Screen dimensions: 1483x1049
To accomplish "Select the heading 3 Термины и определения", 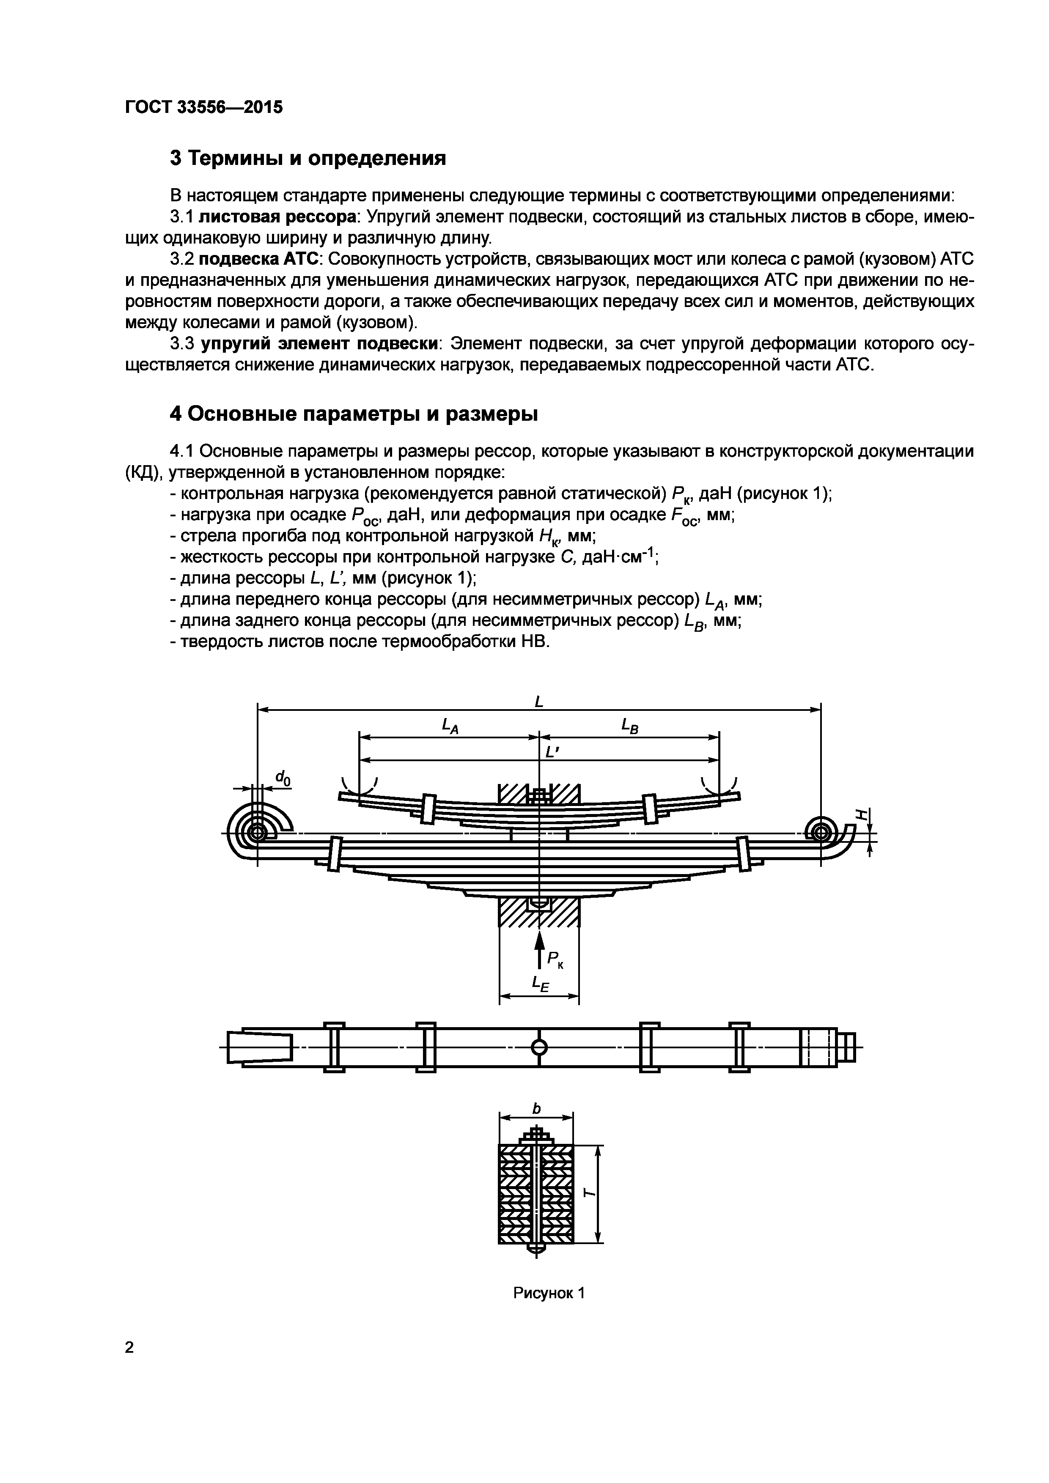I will click(x=308, y=158).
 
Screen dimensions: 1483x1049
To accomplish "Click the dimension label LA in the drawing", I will click(x=450, y=726).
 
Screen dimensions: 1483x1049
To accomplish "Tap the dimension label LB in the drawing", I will click(x=630, y=726).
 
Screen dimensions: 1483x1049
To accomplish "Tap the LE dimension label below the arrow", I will click(x=539, y=984).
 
